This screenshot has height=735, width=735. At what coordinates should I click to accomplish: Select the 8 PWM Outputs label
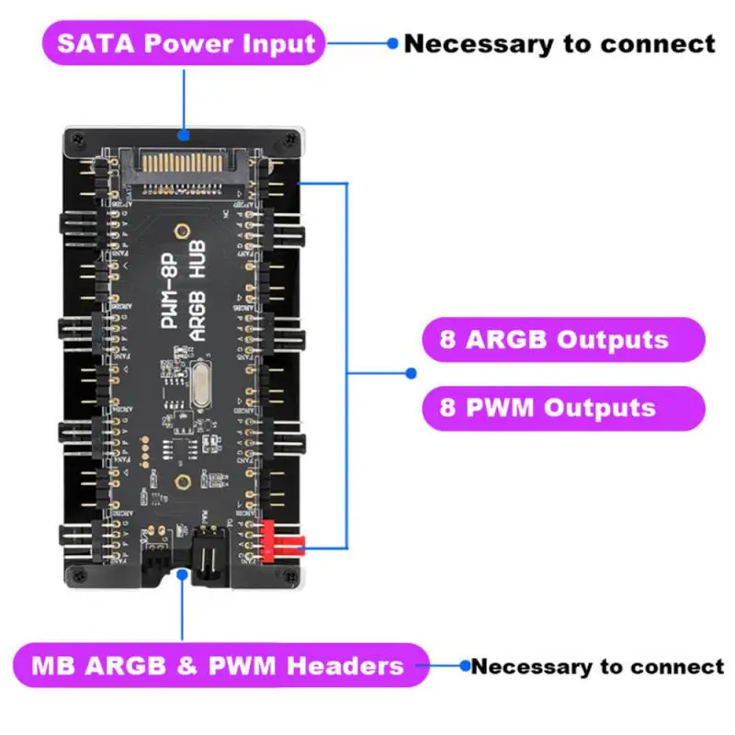[548, 408]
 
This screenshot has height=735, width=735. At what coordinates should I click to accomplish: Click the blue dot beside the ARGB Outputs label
[412, 373]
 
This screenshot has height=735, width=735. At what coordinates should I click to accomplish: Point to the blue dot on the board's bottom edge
[185, 575]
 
